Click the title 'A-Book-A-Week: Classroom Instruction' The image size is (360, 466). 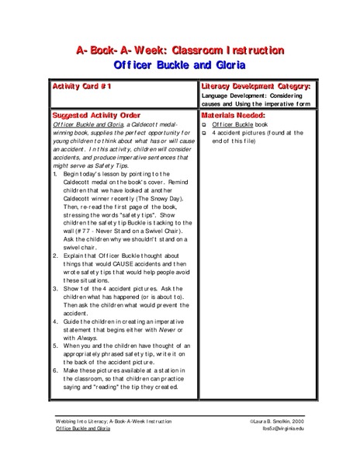[x=179, y=50]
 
